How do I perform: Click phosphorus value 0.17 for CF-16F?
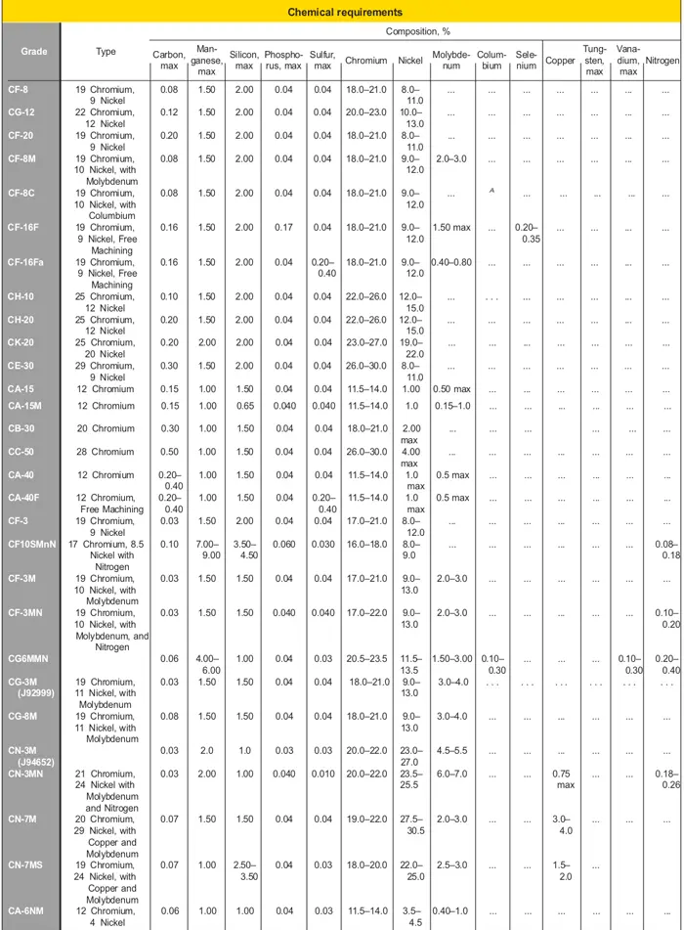pos(283,228)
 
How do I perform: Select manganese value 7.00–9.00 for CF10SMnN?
pos(206,550)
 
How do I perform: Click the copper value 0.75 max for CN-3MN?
pos(561,779)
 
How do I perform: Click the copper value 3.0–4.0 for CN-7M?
pos(561,825)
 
